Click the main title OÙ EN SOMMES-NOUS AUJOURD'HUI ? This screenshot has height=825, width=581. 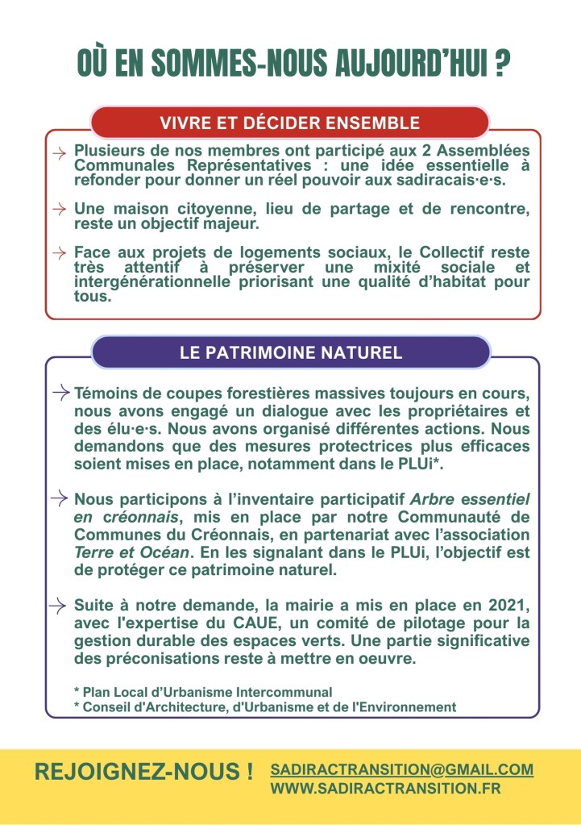pyautogui.click(x=294, y=64)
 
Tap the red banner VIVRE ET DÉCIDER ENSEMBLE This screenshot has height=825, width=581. pyautogui.click(x=290, y=123)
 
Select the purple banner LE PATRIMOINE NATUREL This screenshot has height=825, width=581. pyautogui.click(x=290, y=353)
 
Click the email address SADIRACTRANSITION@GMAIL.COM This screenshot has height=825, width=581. pyautogui.click(x=402, y=769)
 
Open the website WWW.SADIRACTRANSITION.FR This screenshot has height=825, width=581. pyautogui.click(x=385, y=789)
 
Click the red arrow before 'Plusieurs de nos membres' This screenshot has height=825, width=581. pyautogui.click(x=59, y=152)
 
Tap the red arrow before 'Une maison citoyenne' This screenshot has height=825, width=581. pyautogui.click(x=59, y=209)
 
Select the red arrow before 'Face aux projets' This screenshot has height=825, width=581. pyautogui.click(x=59, y=252)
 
